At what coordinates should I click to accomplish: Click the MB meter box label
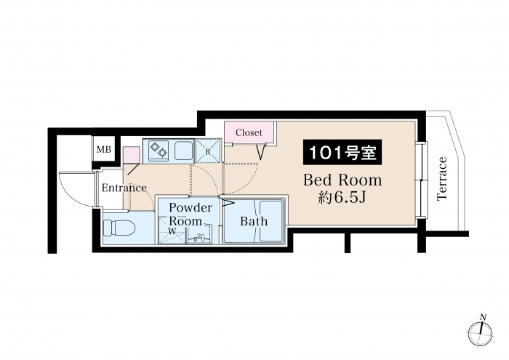[x=104, y=150]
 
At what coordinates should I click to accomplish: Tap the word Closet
[x=249, y=132]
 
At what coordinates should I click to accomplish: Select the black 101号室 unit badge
[x=342, y=152]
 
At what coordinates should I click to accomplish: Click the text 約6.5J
[x=342, y=197]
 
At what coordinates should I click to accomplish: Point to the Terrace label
[x=442, y=179]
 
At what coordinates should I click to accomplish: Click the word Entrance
[x=124, y=188]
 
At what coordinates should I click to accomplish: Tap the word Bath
[x=254, y=221]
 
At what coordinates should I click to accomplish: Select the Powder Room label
[x=191, y=215]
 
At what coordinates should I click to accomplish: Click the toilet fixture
[x=119, y=228]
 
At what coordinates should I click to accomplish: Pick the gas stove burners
[x=159, y=150]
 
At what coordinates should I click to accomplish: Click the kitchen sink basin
[x=184, y=151]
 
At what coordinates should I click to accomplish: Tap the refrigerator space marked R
[x=208, y=151]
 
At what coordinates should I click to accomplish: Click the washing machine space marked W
[x=172, y=231]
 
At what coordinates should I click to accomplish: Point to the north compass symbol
[x=481, y=333]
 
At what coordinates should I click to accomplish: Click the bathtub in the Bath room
[x=270, y=221]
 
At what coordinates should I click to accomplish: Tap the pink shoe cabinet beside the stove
[x=131, y=155]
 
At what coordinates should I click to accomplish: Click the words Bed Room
[x=342, y=180]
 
